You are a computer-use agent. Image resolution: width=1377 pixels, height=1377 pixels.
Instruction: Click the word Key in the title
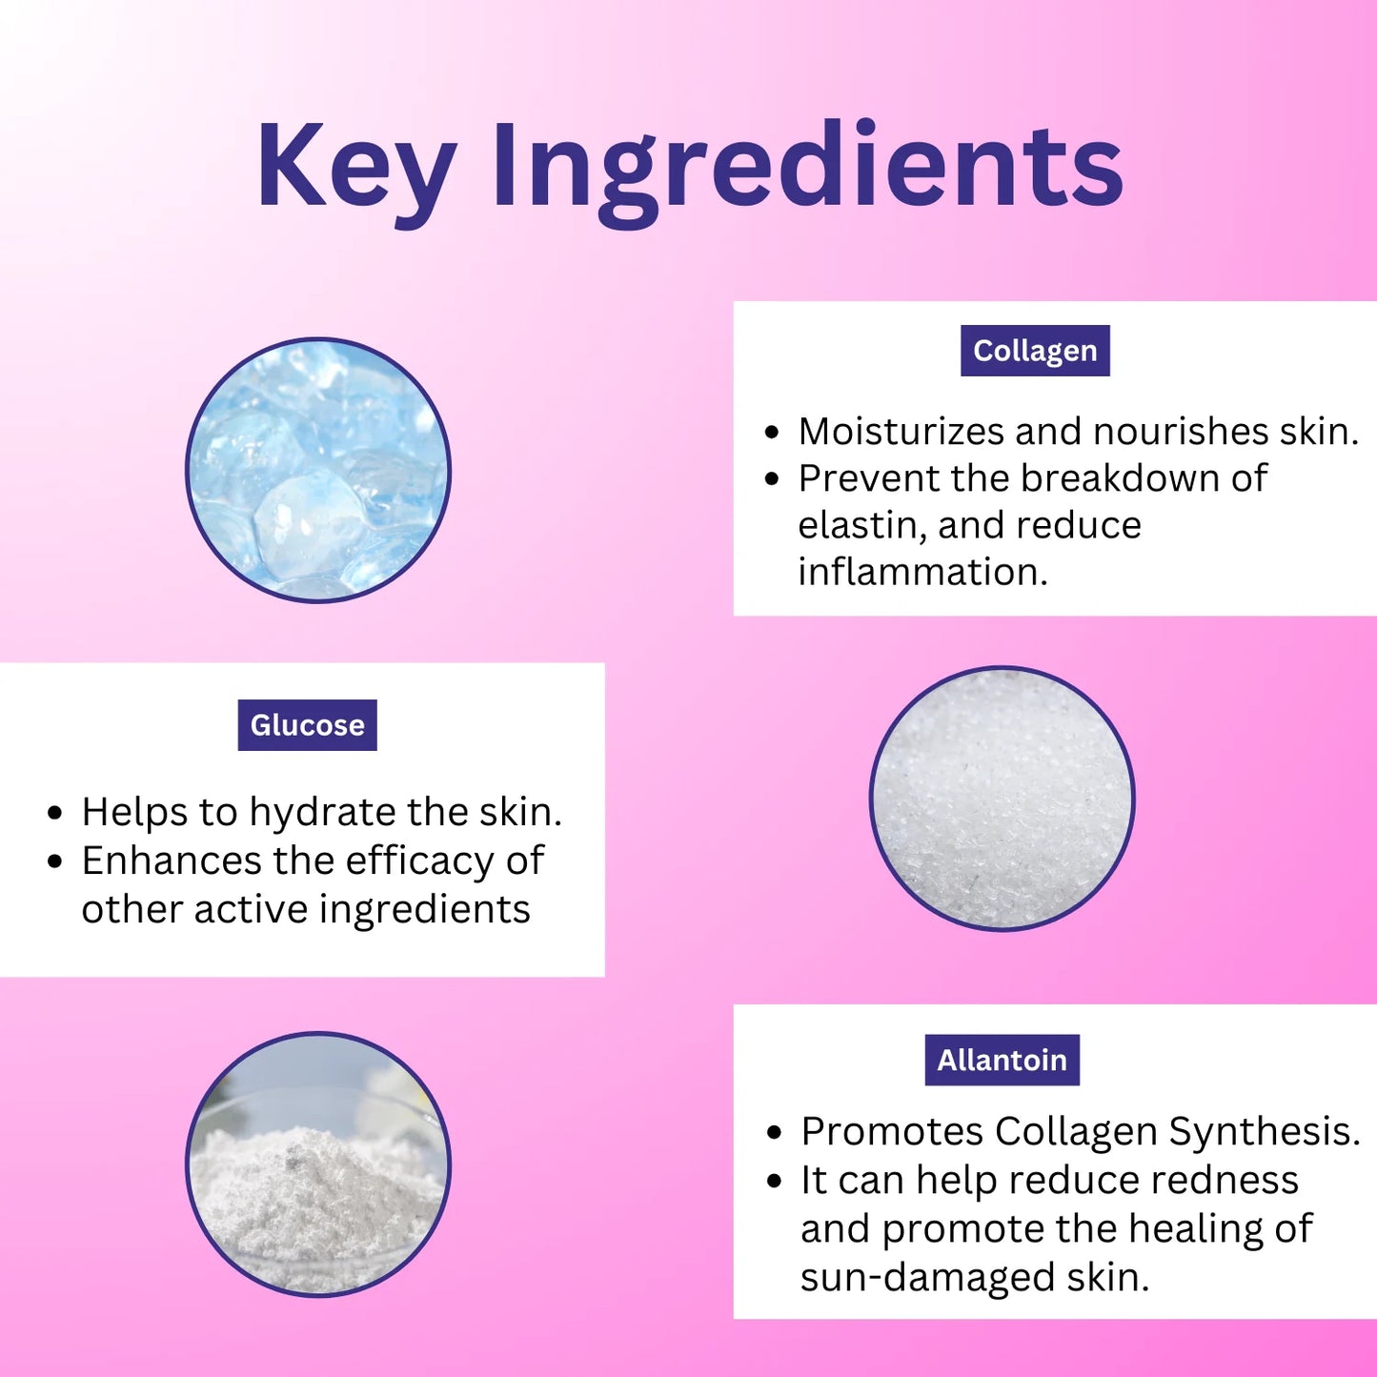coord(354,167)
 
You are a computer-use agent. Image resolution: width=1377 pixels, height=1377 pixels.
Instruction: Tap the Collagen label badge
coord(1035,351)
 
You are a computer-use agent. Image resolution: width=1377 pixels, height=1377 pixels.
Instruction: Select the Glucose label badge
coord(307,725)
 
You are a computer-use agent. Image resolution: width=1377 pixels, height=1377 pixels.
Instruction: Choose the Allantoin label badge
coord(1002,1060)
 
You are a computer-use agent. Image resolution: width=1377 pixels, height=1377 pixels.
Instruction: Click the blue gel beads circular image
coord(318,470)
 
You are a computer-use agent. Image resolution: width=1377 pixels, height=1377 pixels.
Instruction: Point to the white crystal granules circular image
coord(1002,799)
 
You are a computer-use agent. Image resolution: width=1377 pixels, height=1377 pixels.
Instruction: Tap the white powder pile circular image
coord(318,1164)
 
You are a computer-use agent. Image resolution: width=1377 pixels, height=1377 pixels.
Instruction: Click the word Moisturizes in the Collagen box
coord(901,432)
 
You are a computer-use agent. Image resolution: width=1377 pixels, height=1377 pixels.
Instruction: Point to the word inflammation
coord(921,572)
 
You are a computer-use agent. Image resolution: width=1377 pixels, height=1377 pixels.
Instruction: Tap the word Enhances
coord(171,861)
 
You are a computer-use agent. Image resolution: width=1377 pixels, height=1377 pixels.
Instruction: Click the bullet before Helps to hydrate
coord(55,814)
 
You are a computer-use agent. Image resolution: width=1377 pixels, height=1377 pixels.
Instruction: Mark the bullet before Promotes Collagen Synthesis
coord(774,1133)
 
